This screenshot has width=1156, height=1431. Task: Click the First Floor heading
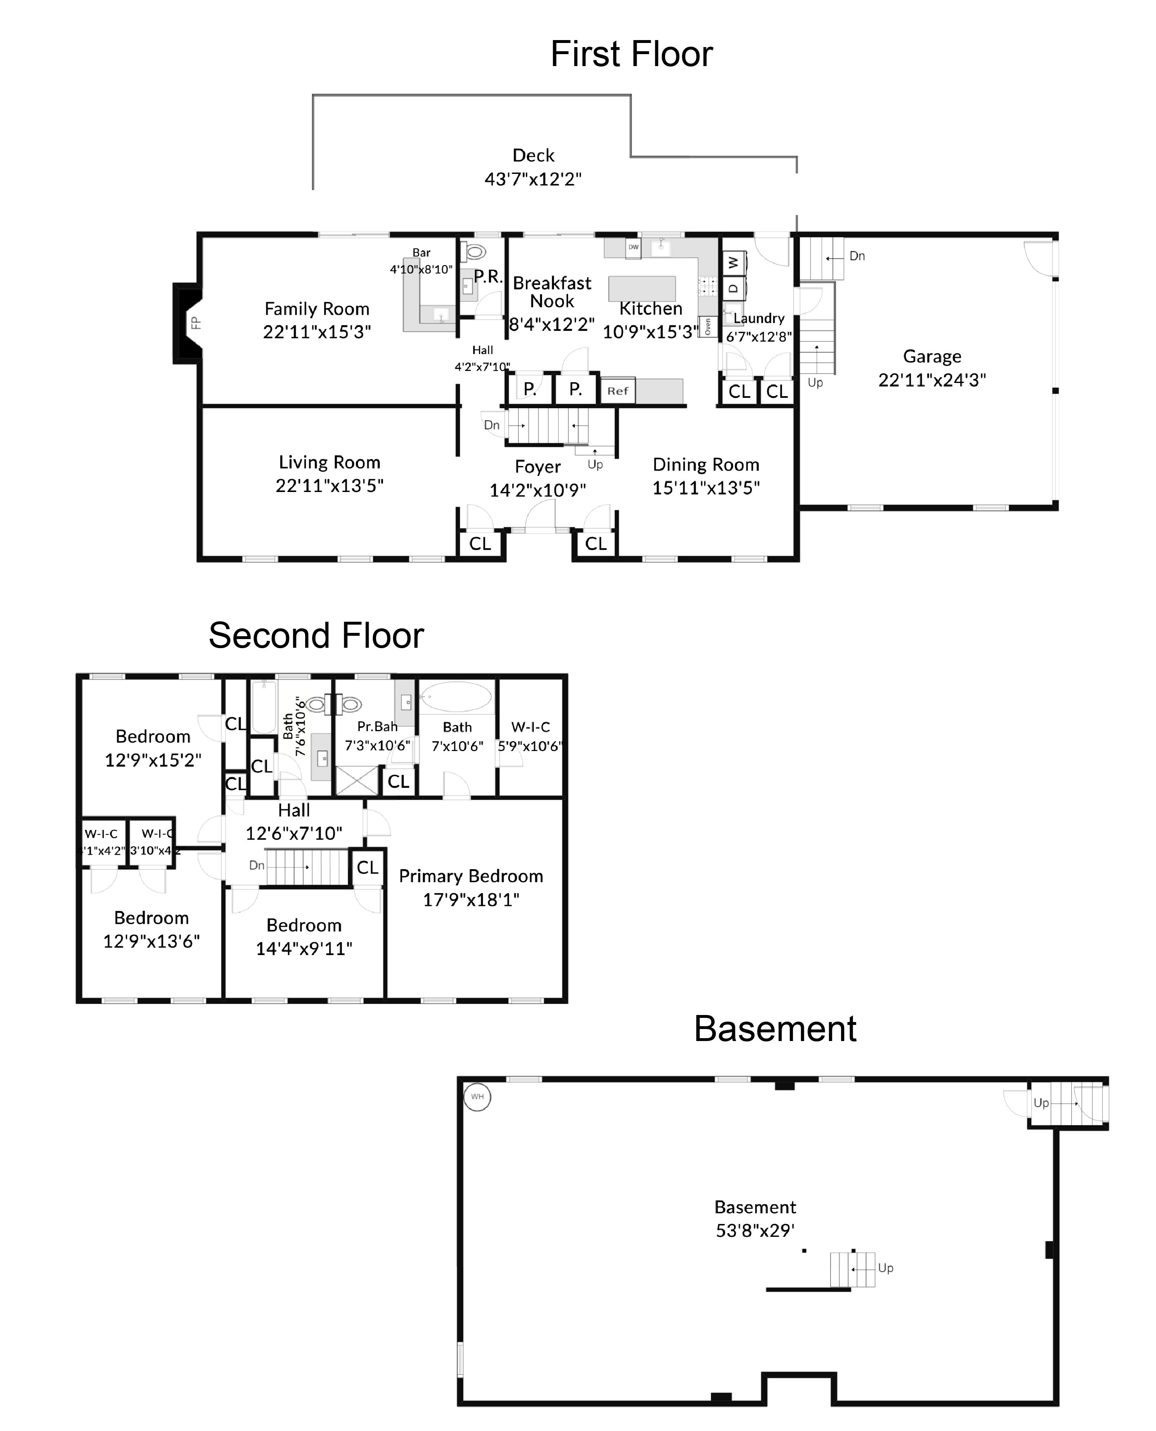pos(631,54)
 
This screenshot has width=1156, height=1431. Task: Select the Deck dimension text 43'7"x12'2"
pos(533,179)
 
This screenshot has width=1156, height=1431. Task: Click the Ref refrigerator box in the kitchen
pos(617,391)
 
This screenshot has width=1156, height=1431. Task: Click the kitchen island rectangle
pos(642,288)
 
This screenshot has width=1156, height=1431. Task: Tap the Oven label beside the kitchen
pos(708,326)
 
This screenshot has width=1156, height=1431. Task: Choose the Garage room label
pos(931,357)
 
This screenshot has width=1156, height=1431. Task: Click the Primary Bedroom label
pos(471,876)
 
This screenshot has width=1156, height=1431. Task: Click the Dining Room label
pos(706,464)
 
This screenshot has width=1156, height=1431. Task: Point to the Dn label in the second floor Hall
pos(256,865)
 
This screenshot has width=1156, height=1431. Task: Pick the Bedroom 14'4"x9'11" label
pos(303,925)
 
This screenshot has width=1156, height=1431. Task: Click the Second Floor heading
pos(316,635)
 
